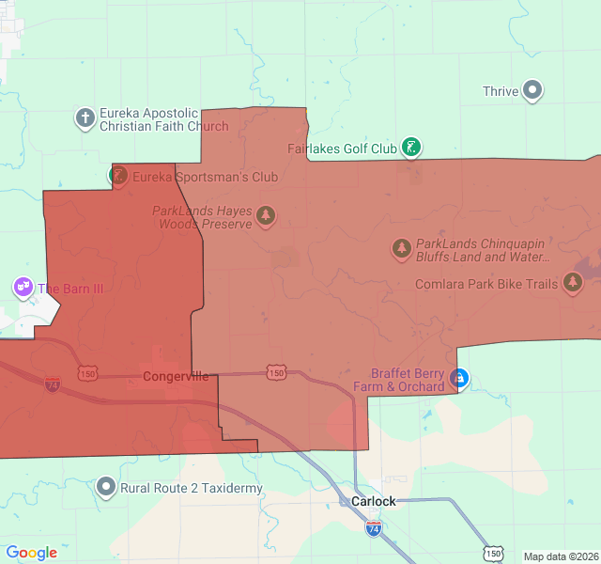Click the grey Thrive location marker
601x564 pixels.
tap(533, 91)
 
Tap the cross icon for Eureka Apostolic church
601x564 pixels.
tap(85, 118)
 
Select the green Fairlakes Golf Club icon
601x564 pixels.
tap(410, 148)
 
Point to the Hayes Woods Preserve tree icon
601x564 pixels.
tap(266, 217)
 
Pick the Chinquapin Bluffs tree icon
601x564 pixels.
tap(402, 249)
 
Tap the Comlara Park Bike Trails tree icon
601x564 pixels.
tap(573, 283)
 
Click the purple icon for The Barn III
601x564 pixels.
tap(23, 287)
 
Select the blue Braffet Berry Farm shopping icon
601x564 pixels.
tap(459, 379)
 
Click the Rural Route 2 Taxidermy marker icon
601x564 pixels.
tap(106, 488)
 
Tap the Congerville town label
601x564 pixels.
tap(176, 377)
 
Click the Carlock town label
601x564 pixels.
tap(373, 501)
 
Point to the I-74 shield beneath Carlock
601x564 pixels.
tap(374, 528)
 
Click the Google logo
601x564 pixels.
tap(31, 553)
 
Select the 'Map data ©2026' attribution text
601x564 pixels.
tap(560, 556)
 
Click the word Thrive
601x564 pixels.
tap(501, 91)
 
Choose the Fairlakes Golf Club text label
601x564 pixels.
tap(342, 149)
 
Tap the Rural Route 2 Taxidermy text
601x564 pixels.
tap(192, 488)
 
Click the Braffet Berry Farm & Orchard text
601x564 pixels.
tap(399, 380)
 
